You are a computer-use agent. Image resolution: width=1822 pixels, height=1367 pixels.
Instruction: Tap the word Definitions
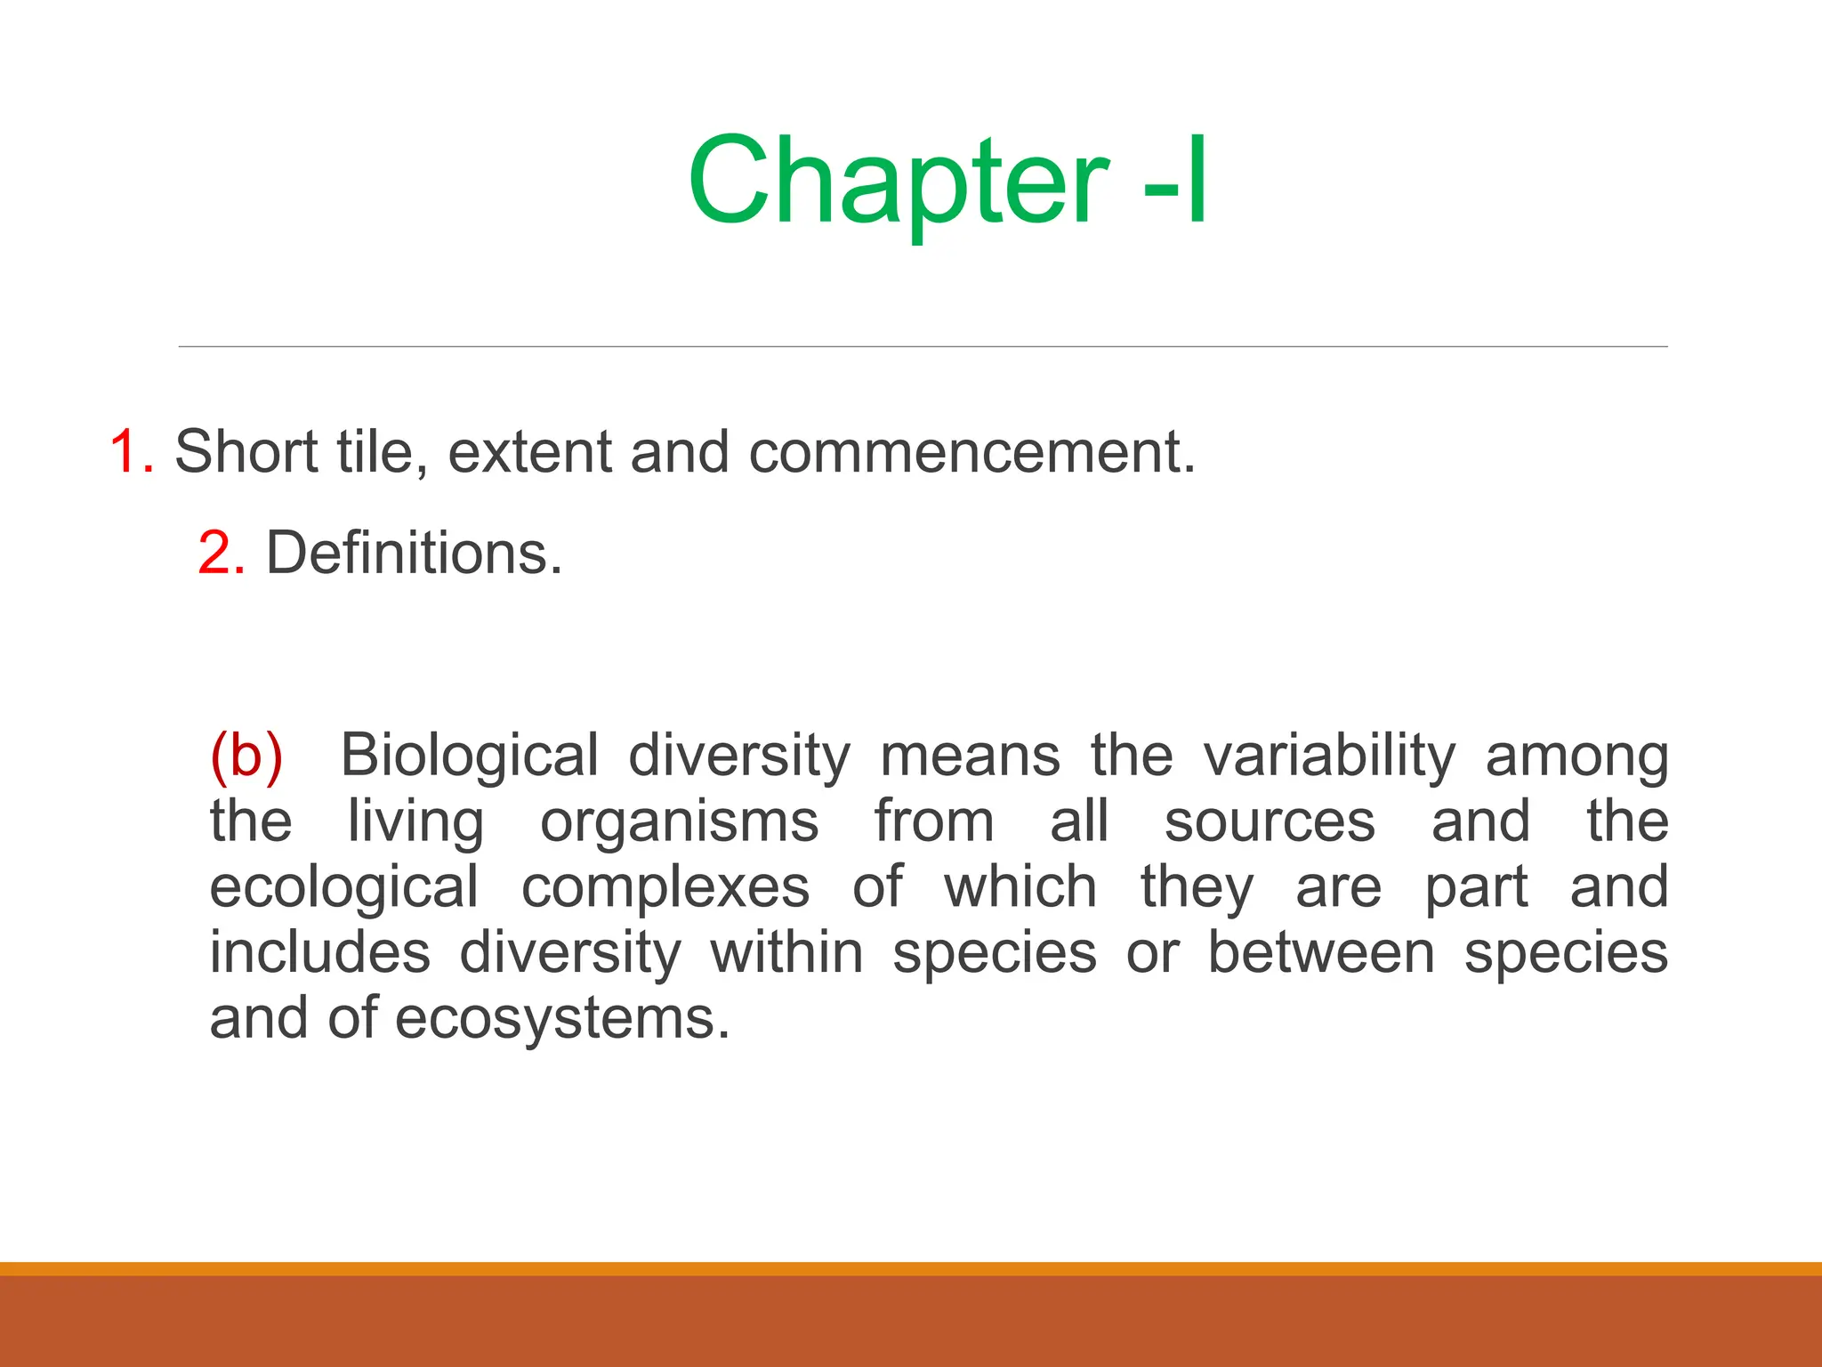414,554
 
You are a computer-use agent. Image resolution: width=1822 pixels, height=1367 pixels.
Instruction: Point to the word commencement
971,452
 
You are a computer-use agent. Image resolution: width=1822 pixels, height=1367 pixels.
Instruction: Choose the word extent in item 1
530,452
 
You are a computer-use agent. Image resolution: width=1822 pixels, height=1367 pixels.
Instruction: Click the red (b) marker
246,756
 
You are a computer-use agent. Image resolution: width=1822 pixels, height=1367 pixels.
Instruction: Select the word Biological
470,756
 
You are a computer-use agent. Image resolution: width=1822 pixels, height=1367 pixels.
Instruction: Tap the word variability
1330,756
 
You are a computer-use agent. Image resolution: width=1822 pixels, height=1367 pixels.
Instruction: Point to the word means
970,756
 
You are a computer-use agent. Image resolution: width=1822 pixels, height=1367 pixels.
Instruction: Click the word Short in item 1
246,452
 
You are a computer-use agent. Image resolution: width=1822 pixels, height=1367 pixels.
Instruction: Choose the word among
1576,756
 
